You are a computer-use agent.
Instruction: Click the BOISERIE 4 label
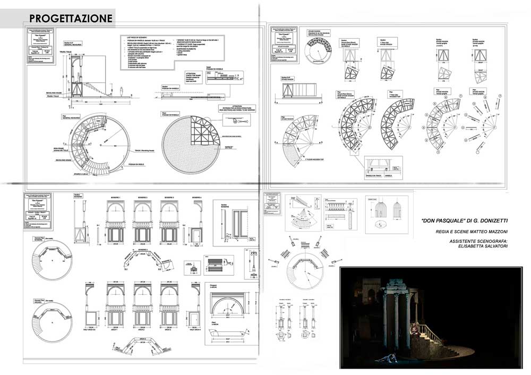click(196, 198)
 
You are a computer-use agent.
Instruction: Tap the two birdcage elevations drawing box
click(386, 214)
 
